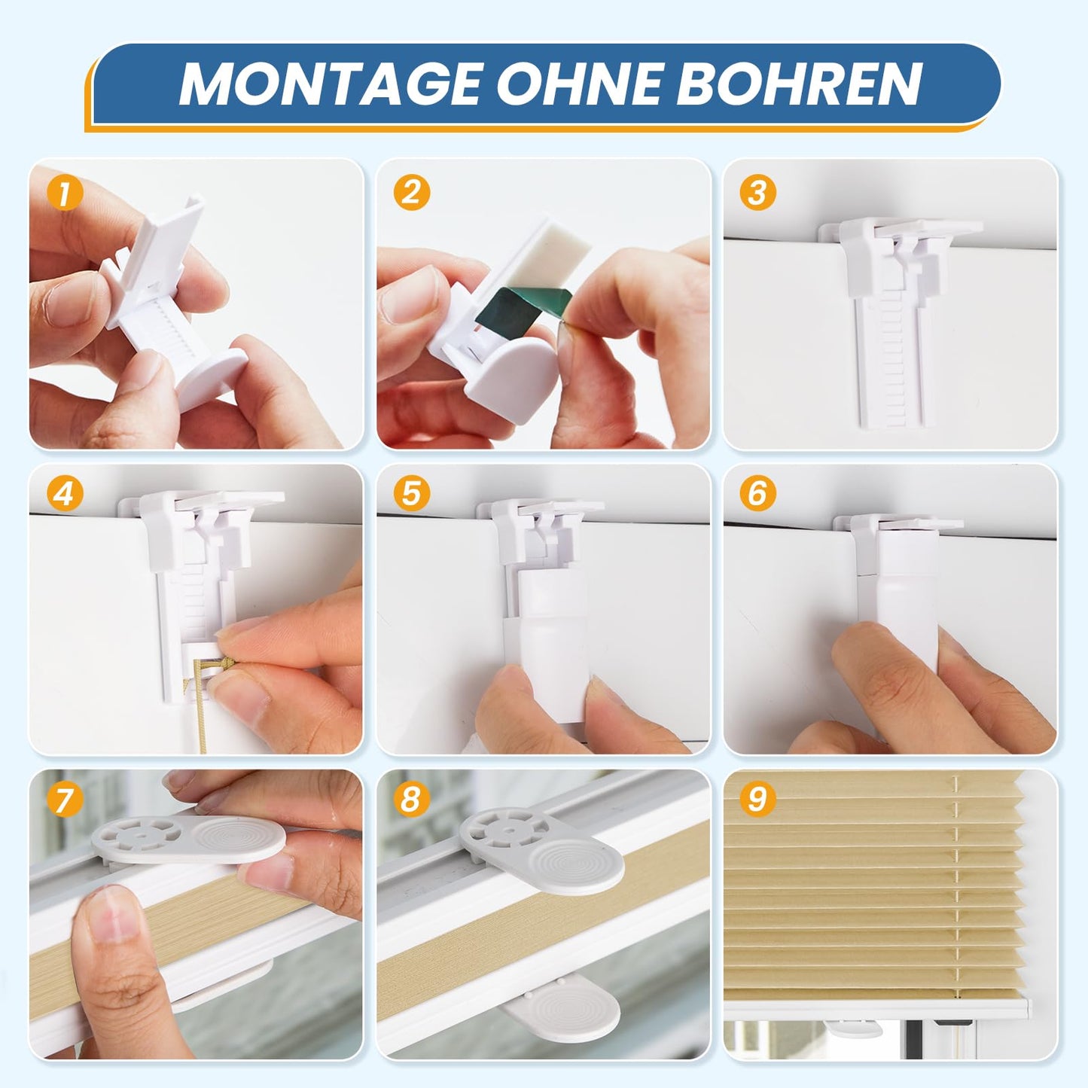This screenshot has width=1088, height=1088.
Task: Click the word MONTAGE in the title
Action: click(x=331, y=84)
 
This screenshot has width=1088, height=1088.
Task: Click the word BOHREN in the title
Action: click(x=800, y=84)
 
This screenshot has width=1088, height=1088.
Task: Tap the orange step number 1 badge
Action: click(x=65, y=193)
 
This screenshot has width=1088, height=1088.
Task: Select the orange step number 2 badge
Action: click(x=412, y=193)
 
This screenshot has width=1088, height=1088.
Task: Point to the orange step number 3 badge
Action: click(x=757, y=193)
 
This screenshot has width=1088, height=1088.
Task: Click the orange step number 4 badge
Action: click(x=65, y=494)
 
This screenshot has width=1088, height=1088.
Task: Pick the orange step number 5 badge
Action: click(x=412, y=494)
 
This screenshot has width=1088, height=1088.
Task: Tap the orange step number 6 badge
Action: click(x=757, y=494)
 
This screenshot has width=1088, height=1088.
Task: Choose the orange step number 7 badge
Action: click(x=65, y=800)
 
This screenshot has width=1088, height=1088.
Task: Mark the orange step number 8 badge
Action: click(x=412, y=800)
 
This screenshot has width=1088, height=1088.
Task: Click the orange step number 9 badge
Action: click(x=757, y=800)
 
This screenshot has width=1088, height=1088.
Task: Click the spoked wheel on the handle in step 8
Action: click(x=506, y=829)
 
